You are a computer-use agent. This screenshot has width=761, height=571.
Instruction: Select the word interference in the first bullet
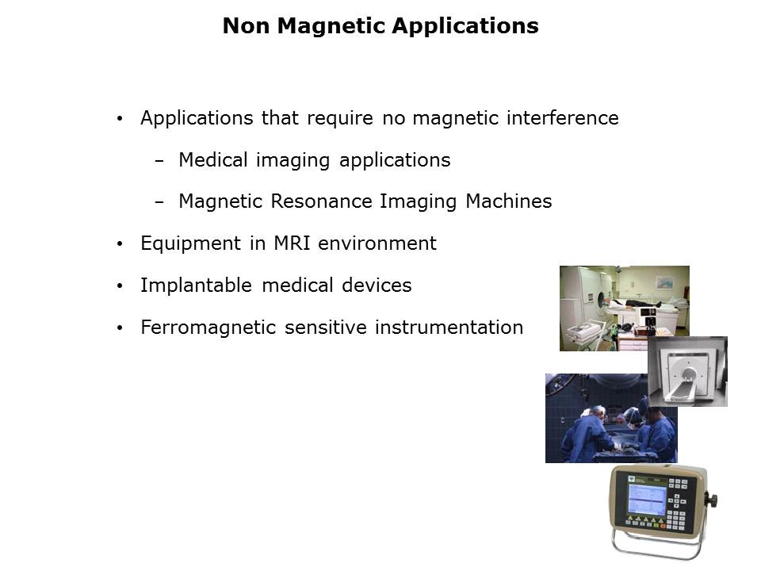563,118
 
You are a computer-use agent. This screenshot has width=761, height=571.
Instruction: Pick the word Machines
509,201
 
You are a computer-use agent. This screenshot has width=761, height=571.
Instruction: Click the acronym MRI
292,243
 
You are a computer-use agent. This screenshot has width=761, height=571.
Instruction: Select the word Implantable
196,285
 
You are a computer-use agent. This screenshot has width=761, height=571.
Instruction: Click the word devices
377,285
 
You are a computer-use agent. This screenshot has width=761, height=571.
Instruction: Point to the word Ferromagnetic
208,328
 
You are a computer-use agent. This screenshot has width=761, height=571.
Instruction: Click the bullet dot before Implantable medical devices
120,286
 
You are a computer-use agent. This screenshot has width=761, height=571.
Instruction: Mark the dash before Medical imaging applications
159,161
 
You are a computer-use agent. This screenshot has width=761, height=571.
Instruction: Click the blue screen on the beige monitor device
647,498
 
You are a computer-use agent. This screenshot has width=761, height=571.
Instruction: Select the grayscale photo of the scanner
688,371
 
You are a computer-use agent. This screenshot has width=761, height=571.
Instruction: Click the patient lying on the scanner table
637,304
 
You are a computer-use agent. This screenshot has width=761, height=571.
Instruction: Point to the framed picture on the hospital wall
663,282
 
